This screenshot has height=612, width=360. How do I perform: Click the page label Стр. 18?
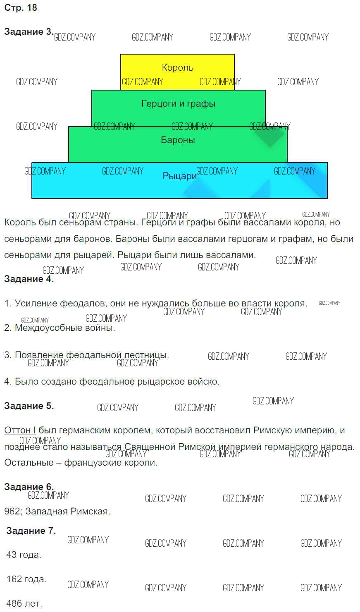tap(21, 8)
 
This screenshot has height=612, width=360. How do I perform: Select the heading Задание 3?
tap(29, 32)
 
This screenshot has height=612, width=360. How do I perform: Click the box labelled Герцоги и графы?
tap(178, 104)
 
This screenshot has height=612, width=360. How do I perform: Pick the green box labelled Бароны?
tap(178, 141)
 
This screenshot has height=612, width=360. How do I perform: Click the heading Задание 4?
tap(29, 279)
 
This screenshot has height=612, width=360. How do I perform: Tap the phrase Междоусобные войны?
tap(65, 328)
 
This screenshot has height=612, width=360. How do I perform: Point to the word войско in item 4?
tap(204, 381)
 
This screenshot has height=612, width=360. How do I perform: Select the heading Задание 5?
tap(29, 406)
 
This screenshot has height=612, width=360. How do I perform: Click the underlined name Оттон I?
tap(20, 430)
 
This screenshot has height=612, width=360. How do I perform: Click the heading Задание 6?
tap(29, 487)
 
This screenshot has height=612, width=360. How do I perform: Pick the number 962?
tap(12, 512)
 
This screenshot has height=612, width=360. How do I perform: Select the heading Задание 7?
tap(31, 531)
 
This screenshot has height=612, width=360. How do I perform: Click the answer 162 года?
tap(26, 579)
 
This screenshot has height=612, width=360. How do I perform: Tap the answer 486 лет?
tap(24, 604)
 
